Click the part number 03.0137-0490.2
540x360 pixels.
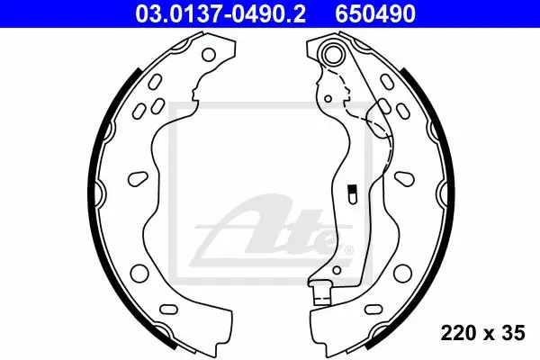point(220,13)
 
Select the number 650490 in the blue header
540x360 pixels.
point(375,13)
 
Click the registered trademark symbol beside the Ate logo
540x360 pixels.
point(348,250)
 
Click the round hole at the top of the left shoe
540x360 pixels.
point(209,54)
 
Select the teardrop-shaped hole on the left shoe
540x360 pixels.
point(138,178)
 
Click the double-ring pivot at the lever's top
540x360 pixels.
point(333,52)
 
